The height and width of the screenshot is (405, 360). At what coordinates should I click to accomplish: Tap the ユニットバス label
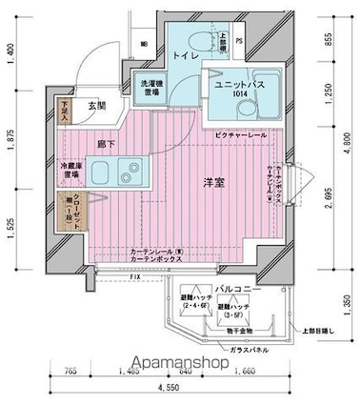(232, 85)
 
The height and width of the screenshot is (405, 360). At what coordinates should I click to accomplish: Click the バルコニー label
(232, 287)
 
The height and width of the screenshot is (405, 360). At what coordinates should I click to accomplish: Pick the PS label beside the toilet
(239, 41)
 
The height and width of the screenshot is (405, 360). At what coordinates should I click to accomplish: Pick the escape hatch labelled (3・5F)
(233, 312)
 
